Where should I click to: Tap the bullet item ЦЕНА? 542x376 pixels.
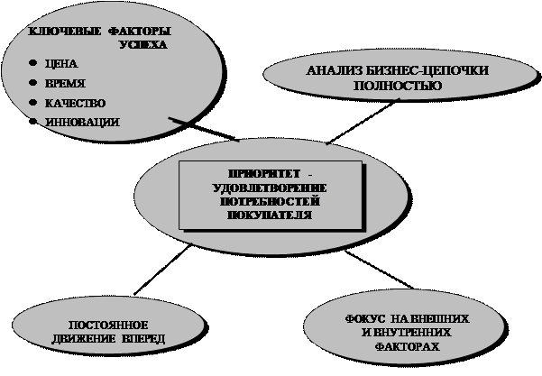61,64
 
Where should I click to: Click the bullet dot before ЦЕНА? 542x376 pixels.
33,63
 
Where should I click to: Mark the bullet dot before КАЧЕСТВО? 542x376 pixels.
33,102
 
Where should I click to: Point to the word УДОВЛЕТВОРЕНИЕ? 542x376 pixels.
271,187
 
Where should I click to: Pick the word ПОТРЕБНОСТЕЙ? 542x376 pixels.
271,201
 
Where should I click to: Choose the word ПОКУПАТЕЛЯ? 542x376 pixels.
271,216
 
